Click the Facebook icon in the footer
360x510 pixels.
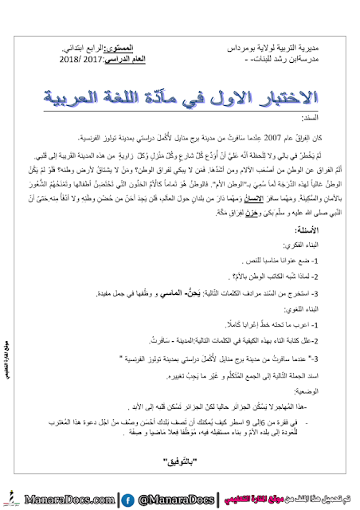tap(125, 500)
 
